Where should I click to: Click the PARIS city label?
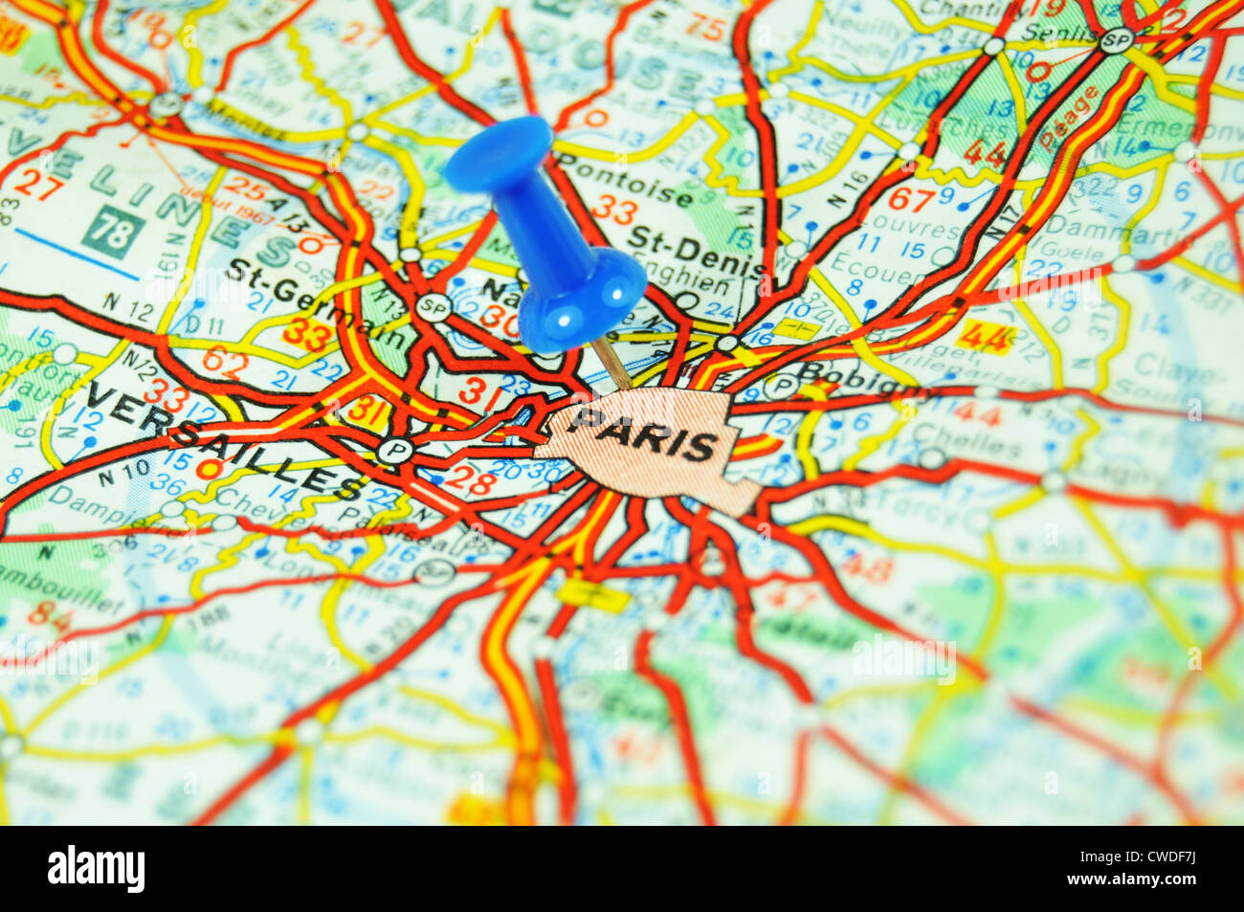(647, 434)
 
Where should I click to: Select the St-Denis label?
(695, 251)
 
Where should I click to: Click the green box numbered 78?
(113, 232)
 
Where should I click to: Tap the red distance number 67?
(910, 199)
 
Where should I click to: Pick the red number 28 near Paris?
(469, 479)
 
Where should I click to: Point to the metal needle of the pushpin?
(613, 367)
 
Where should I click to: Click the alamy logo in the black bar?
(97, 869)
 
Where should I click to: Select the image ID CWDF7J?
(1133, 854)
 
